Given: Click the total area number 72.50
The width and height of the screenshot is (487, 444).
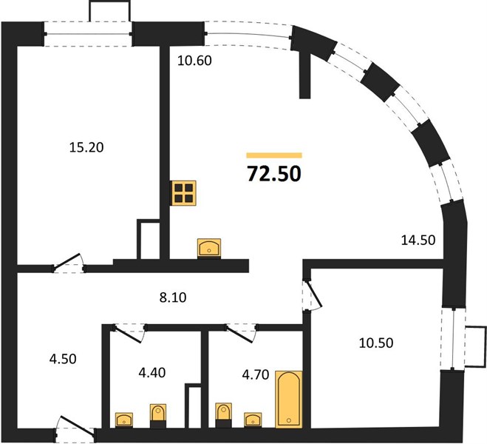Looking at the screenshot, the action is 274,173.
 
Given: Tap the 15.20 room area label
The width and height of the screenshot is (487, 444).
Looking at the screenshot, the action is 86,147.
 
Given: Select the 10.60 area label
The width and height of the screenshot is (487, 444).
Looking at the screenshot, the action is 194,61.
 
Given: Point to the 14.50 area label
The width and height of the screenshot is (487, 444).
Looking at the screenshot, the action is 418,240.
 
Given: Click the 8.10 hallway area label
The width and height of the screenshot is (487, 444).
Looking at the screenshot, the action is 173,297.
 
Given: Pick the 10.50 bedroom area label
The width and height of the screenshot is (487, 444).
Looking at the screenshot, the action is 376,343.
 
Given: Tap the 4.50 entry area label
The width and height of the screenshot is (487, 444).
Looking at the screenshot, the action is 63,359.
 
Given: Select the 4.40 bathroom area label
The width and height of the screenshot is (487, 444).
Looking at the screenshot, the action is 152,372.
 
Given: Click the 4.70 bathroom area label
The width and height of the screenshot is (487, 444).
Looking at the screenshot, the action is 256,374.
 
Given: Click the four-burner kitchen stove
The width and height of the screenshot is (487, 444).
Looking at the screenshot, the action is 183,193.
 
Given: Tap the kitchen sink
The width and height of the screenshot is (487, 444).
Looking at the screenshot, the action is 209,249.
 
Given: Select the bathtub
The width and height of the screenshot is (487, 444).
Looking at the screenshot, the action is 289,399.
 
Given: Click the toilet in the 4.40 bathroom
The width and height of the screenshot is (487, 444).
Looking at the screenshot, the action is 158,416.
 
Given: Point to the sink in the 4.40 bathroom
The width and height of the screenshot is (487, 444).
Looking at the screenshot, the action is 124,420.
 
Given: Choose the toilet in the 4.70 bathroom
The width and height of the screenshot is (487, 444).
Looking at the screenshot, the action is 224,415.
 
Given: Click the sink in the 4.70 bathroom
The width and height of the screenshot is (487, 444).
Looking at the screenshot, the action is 253,420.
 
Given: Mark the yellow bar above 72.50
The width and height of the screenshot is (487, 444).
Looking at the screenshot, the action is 274,155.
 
